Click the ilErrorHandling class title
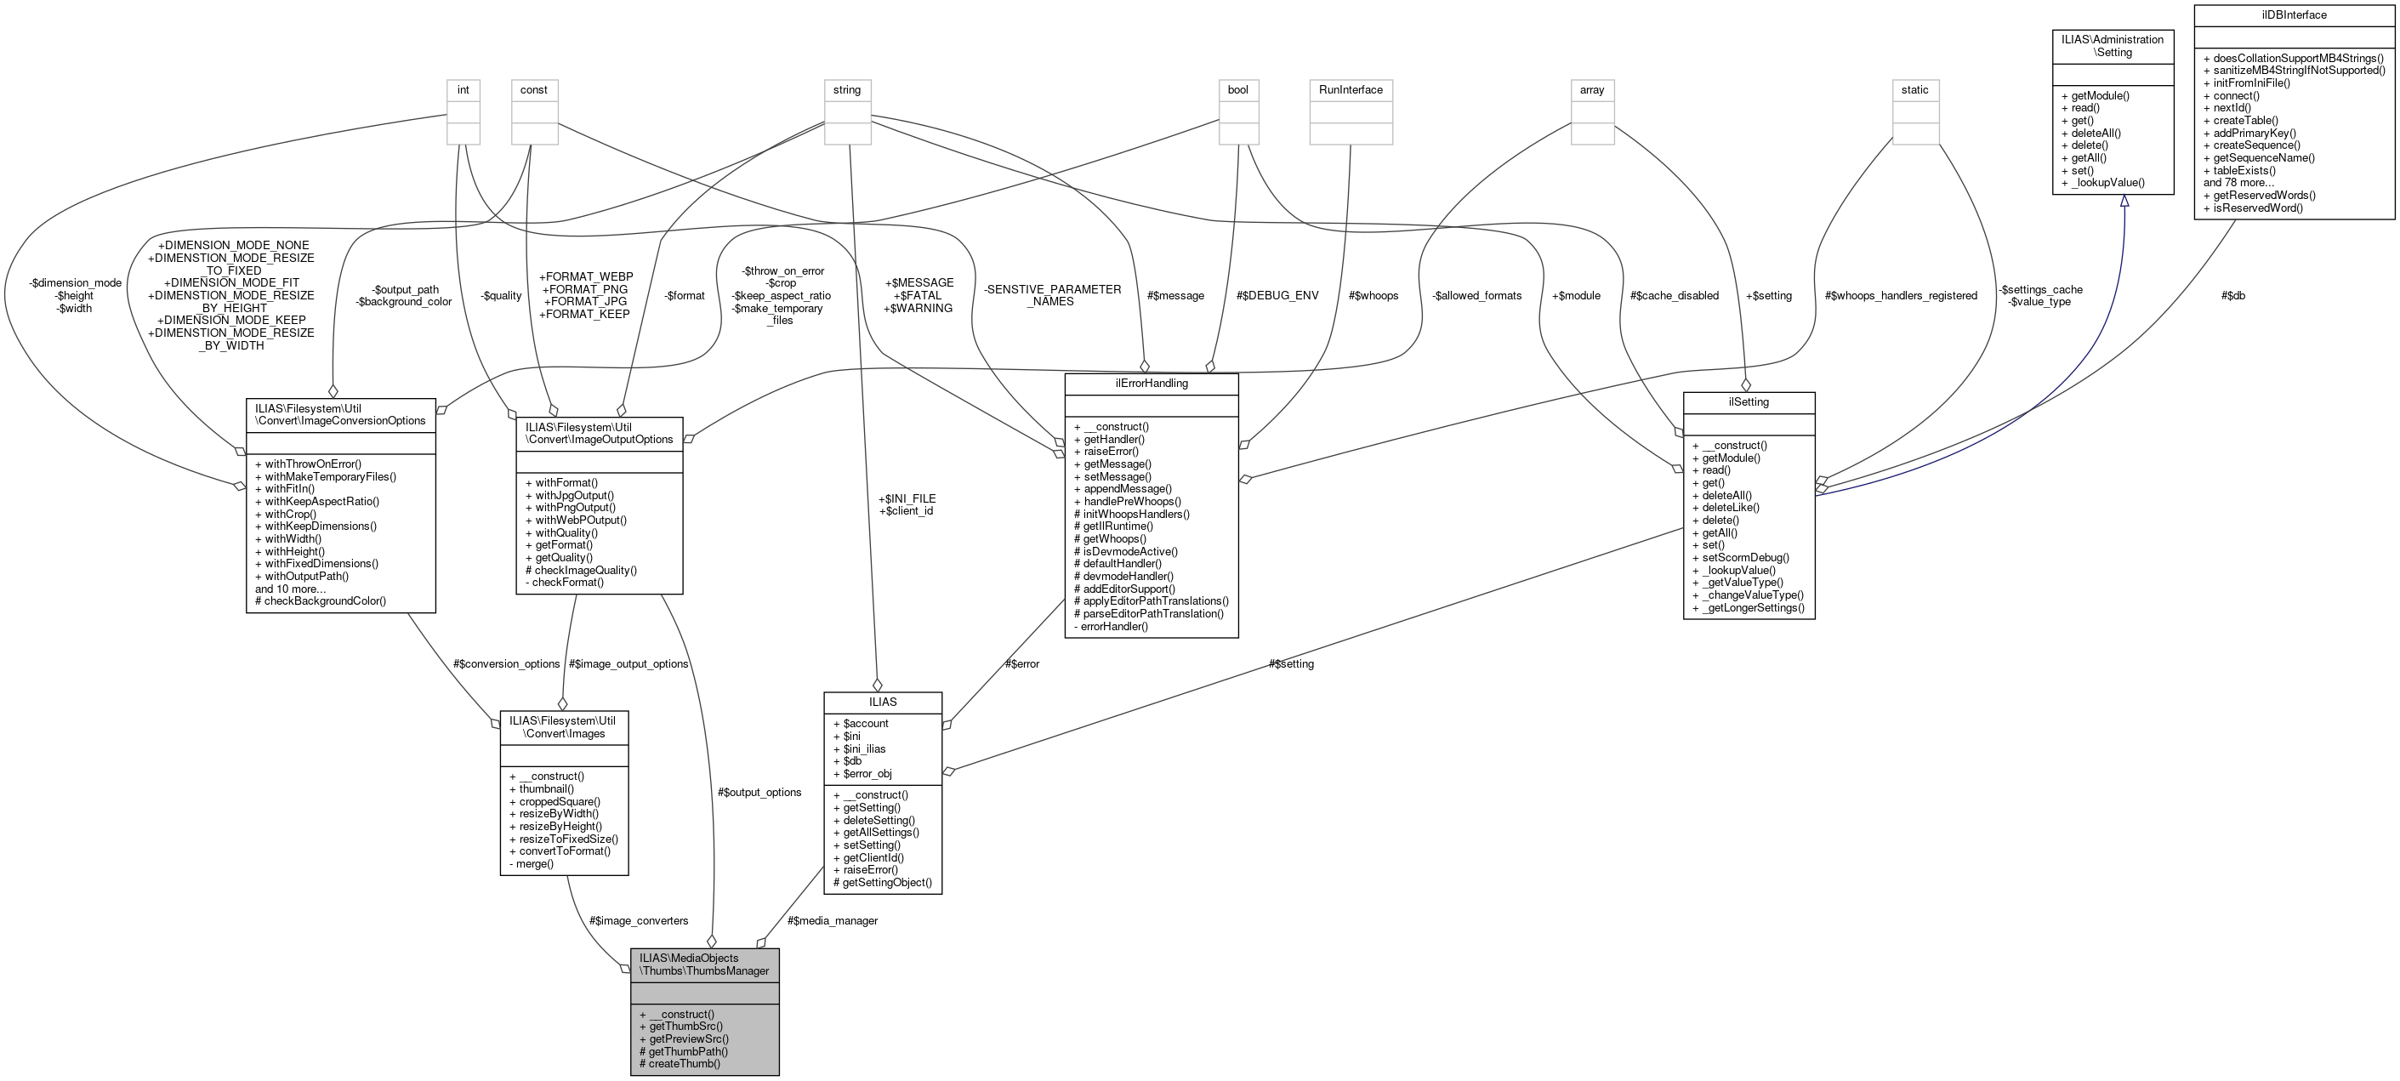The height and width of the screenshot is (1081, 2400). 1151,383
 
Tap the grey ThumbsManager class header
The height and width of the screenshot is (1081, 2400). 703,964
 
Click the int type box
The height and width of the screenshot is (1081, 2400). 463,90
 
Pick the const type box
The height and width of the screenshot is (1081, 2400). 534,90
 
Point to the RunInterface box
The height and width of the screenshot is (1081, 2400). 1351,90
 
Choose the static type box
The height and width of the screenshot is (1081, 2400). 1914,90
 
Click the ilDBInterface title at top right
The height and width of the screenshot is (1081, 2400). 2293,15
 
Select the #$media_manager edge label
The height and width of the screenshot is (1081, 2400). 832,921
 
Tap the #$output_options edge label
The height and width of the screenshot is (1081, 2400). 759,792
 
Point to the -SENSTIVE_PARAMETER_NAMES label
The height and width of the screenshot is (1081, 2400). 1052,295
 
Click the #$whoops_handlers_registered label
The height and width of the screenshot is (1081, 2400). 1901,295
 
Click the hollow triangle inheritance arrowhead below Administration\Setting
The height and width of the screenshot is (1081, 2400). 2124,202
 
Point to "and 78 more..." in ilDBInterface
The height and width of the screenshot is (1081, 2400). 2238,183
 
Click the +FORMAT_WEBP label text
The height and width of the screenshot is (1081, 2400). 585,276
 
